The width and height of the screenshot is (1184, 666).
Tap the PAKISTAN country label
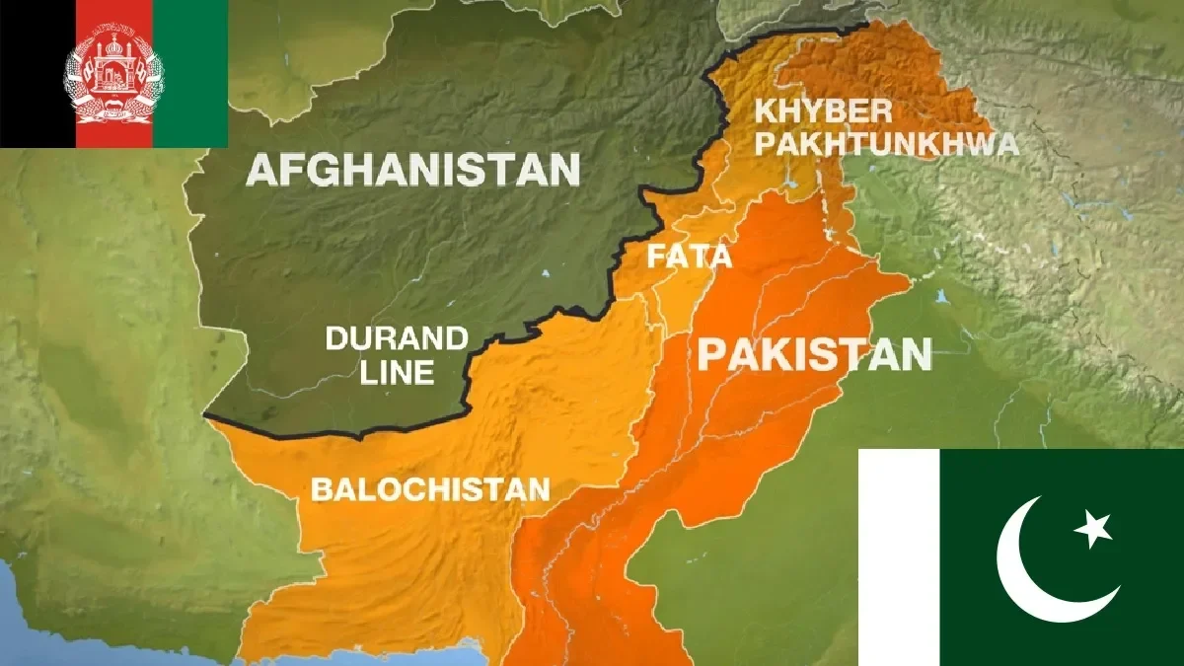pyautogui.click(x=814, y=353)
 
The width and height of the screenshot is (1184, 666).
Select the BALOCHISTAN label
pyautogui.click(x=430, y=488)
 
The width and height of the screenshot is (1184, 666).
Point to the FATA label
pyautogui.click(x=690, y=258)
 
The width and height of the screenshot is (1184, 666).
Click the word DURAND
pyautogui.click(x=397, y=339)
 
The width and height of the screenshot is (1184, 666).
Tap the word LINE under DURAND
pyautogui.click(x=397, y=372)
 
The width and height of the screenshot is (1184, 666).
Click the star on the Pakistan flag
pyautogui.click(x=1094, y=530)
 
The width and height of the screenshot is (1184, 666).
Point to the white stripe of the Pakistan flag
pyautogui.click(x=898, y=557)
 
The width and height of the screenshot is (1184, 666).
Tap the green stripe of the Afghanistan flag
pyautogui.click(x=190, y=74)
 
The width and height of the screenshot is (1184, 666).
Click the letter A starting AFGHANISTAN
pyautogui.click(x=259, y=169)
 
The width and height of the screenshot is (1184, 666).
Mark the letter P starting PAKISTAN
pyautogui.click(x=709, y=354)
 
